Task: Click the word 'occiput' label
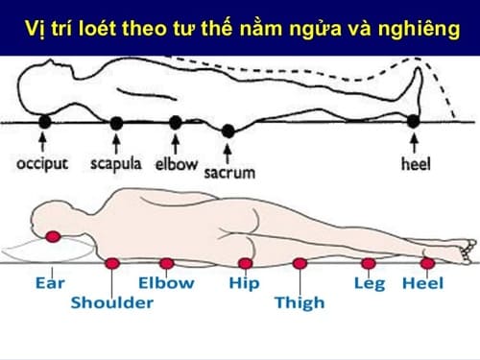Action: coord(42,162)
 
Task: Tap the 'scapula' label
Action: coord(116,162)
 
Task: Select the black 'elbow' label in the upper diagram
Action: coord(176,162)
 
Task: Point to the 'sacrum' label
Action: coord(228,173)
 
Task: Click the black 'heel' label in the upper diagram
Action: coord(414,162)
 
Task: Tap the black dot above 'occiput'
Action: coord(42,122)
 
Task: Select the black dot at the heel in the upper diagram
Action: coord(414,122)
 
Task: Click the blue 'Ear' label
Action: coord(49,284)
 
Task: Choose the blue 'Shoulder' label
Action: coord(112,303)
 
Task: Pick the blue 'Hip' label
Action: coord(244,284)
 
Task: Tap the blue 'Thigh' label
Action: coord(300,303)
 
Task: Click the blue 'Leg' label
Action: coord(370,284)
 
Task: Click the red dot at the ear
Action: coord(53,236)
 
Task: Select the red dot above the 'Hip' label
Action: coord(245,262)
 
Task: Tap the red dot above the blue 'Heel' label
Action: coord(427,261)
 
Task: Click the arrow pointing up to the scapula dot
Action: coord(116,143)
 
